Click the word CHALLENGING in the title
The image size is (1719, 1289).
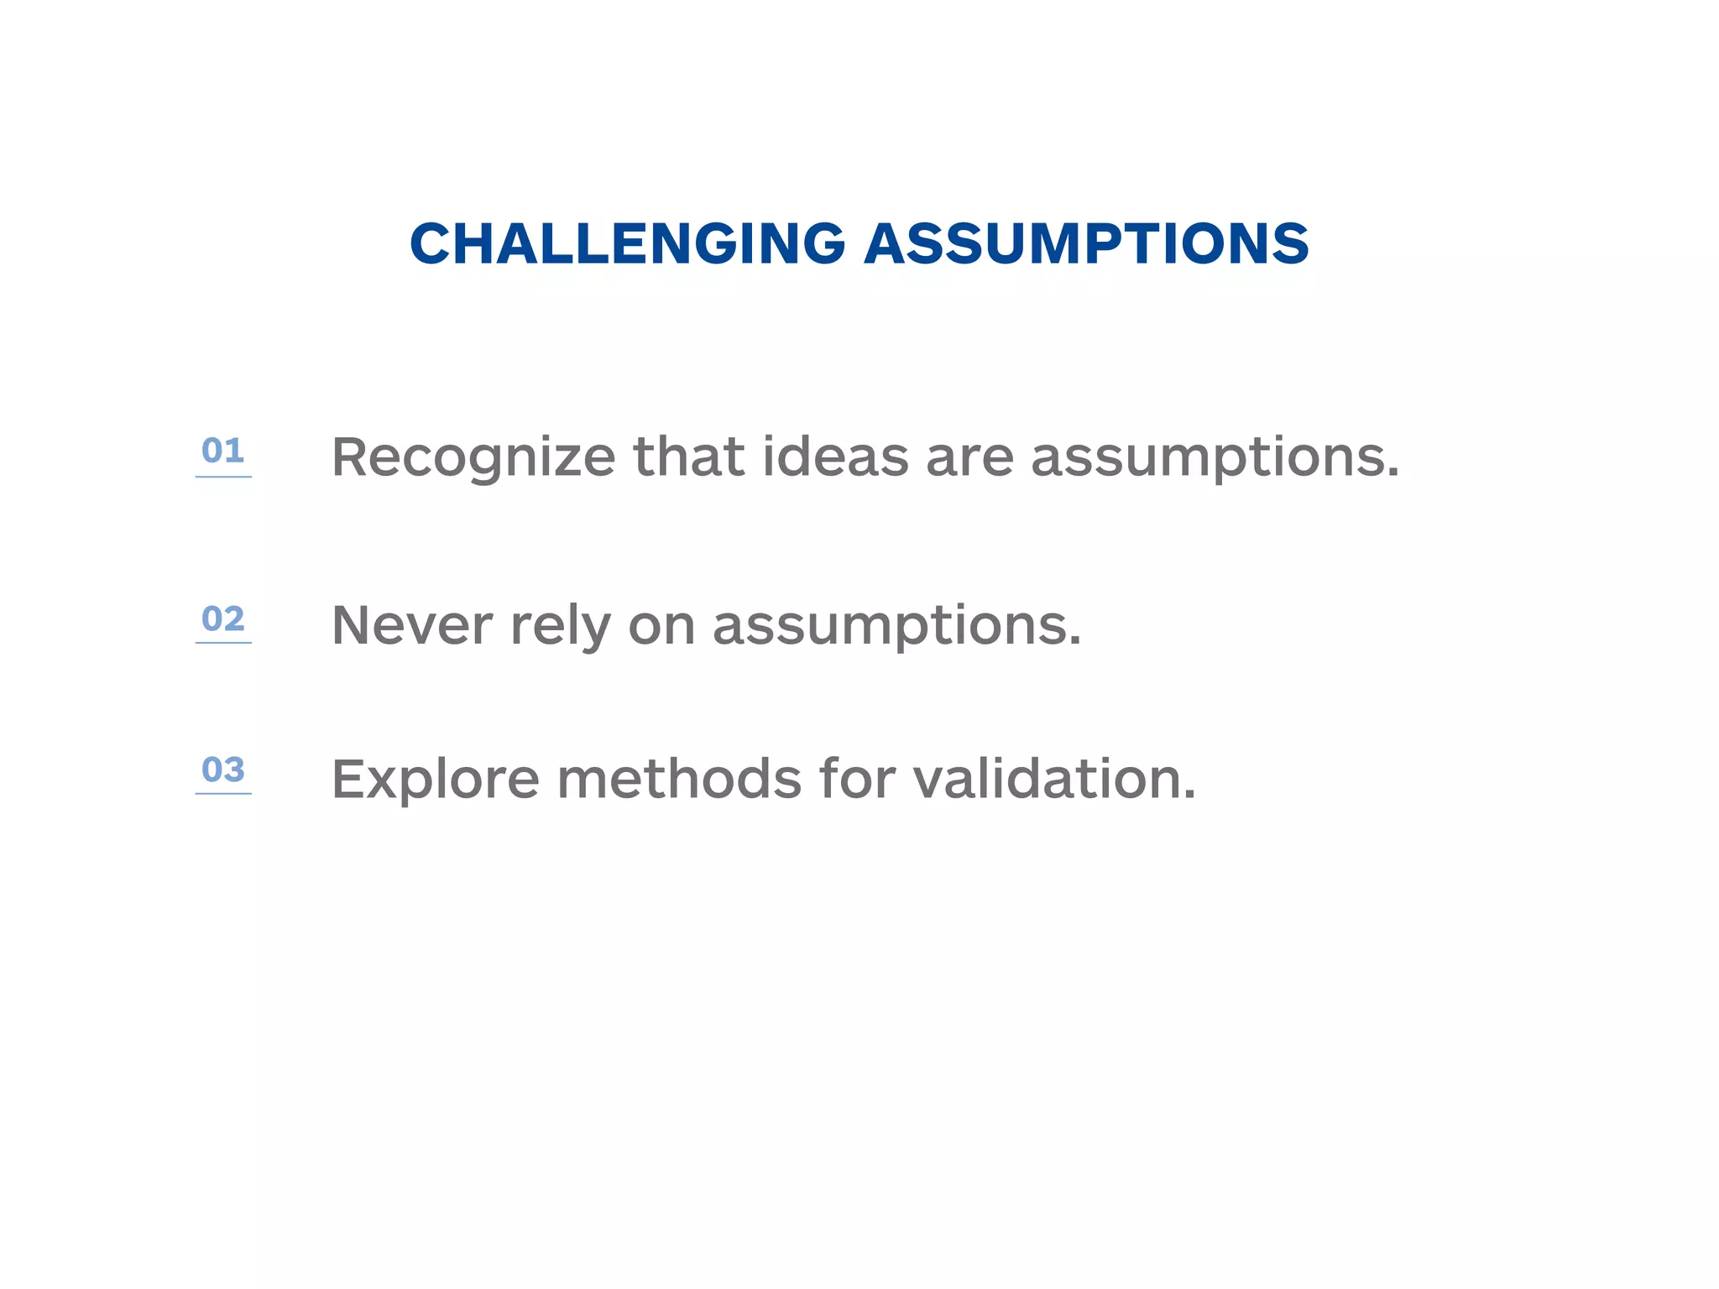(627, 244)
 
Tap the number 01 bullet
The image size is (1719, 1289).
(222, 451)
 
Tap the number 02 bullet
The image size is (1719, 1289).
(222, 618)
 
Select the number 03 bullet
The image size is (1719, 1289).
(222, 770)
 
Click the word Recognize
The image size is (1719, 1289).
(473, 458)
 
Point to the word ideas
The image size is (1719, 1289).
(835, 458)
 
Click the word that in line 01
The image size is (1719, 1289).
(688, 458)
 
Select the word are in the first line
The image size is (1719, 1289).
(969, 458)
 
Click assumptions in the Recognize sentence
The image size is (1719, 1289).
(1214, 460)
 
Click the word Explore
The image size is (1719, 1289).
(435, 780)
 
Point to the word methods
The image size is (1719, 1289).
(679, 779)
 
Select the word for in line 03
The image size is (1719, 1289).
(857, 779)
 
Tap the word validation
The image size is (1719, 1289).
(1053, 779)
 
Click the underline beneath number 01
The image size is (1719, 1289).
(223, 477)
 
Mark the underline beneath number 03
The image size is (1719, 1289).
(223, 793)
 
